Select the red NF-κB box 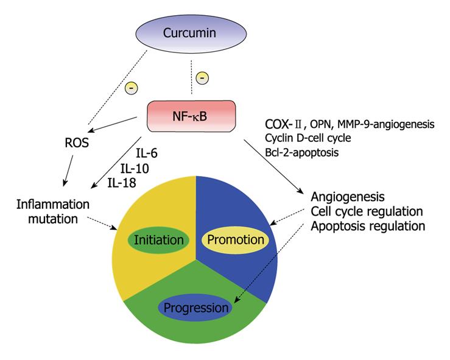click(x=191, y=116)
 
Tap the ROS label click(x=77, y=143)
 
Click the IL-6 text click(x=146, y=154)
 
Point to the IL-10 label click(x=135, y=168)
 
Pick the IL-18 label click(x=122, y=183)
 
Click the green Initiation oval click(x=159, y=240)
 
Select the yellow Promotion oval click(x=236, y=240)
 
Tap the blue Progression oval click(x=195, y=308)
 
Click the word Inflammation click(x=53, y=205)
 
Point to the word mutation click(x=53, y=219)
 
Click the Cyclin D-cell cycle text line click(x=308, y=138)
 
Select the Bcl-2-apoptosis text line click(x=301, y=152)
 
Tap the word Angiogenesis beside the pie click(x=348, y=197)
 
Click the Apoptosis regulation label click(x=368, y=226)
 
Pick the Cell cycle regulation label click(x=367, y=211)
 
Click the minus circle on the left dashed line click(x=132, y=88)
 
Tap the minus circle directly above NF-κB click(x=202, y=78)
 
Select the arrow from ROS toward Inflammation click(x=69, y=171)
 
